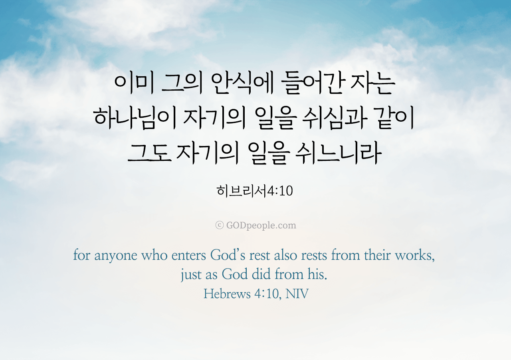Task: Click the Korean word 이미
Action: click(134, 84)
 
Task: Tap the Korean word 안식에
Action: click(242, 84)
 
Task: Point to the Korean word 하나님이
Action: click(135, 119)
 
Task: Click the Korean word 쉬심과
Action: click(335, 119)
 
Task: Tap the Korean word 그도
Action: click(149, 153)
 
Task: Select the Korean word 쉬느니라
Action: click(338, 153)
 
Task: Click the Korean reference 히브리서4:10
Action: click(255, 191)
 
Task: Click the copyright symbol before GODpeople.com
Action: click(219, 225)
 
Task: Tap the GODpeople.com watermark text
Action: click(261, 225)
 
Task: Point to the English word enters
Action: click(189, 255)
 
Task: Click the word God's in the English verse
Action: click(228, 255)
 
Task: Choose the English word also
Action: click(285, 255)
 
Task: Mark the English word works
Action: click(415, 255)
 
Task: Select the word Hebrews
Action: click(227, 294)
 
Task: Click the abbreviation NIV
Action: click(297, 294)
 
